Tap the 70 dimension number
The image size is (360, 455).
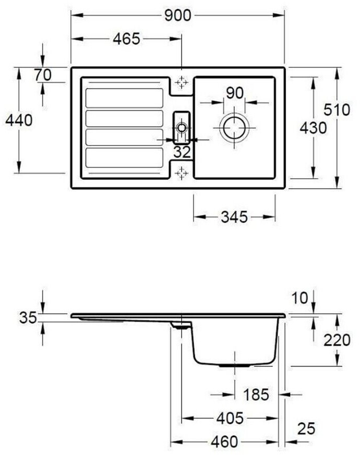click(x=43, y=75)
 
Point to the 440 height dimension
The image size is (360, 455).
click(x=18, y=120)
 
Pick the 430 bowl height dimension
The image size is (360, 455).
click(x=313, y=128)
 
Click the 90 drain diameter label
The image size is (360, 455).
click(x=234, y=93)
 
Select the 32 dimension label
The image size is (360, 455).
click(x=181, y=153)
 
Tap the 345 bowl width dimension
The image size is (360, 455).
click(x=233, y=217)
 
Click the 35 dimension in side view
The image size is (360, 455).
click(x=28, y=317)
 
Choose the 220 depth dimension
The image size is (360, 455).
click(x=336, y=340)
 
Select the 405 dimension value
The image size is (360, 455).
click(x=230, y=418)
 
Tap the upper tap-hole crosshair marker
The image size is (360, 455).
click(x=181, y=83)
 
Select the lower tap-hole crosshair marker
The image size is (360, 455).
click(x=181, y=173)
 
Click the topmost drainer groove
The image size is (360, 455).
click(x=124, y=98)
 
